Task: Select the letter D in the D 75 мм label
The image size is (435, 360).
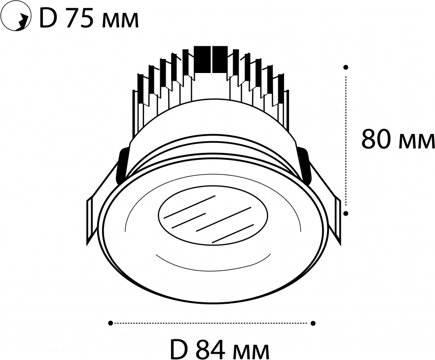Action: [48, 19]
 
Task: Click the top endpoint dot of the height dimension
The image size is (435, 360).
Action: [346, 67]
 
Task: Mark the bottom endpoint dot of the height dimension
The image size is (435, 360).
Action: [346, 213]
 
